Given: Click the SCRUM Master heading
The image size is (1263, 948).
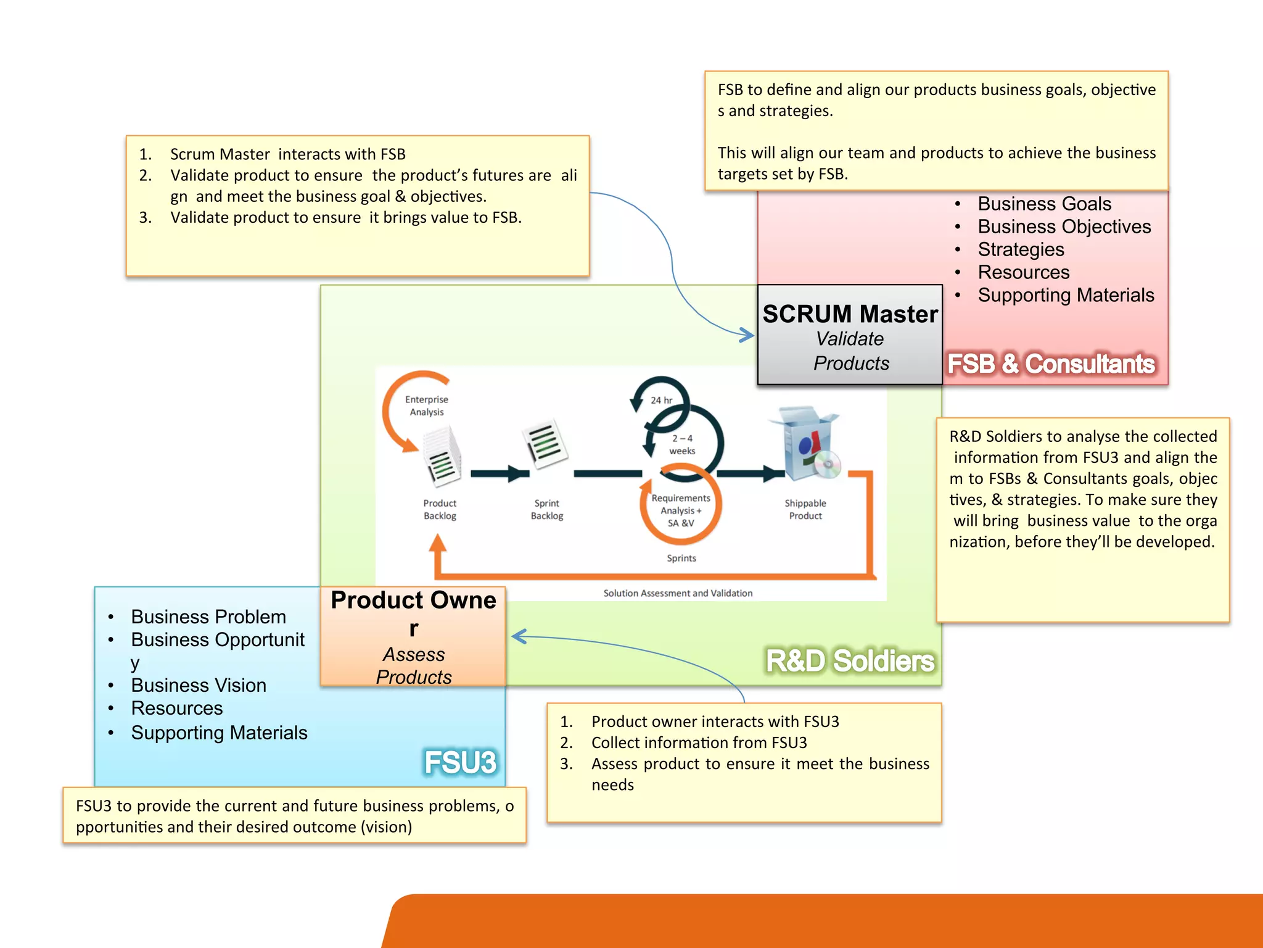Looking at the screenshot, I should tap(850, 314).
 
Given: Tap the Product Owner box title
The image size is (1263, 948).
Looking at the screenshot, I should tap(413, 613).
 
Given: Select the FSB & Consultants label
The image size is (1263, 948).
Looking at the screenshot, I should tap(1051, 364).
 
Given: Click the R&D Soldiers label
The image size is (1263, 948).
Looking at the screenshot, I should tap(850, 660).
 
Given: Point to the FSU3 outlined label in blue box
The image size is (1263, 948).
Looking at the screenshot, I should tap(460, 762).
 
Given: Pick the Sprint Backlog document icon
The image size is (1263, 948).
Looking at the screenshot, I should tap(545, 444).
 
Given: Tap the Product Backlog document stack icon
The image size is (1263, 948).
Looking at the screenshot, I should tap(442, 457).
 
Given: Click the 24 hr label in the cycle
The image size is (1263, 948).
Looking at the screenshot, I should tap(661, 401).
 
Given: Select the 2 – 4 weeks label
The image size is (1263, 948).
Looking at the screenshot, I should tap(682, 444).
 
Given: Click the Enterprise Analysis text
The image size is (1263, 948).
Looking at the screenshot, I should tap(427, 405).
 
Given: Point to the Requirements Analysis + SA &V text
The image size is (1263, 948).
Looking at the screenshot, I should tap(681, 510).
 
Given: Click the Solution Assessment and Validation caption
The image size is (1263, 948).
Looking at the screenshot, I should tap(678, 593).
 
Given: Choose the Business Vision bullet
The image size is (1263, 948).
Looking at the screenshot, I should tap(199, 685).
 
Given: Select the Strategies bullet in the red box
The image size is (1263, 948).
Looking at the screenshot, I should tap(1021, 249).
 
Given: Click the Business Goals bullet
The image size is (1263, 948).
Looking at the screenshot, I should tap(1044, 204).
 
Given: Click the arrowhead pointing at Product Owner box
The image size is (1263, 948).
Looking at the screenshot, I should tap(518, 636).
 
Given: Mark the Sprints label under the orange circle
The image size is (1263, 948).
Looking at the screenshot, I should tap(681, 558).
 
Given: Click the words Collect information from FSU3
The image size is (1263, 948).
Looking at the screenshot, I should tap(699, 742).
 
